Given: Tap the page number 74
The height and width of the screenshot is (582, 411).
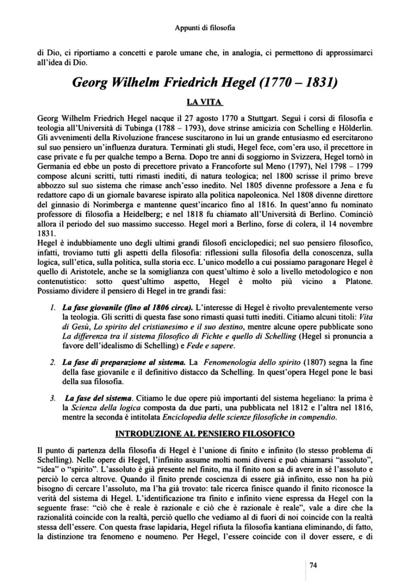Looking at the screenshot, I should click(313, 565).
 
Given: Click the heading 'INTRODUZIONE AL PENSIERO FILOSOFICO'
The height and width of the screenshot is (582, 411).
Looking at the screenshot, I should click(205, 433).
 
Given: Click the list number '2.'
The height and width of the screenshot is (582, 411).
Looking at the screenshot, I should click(53, 362).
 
